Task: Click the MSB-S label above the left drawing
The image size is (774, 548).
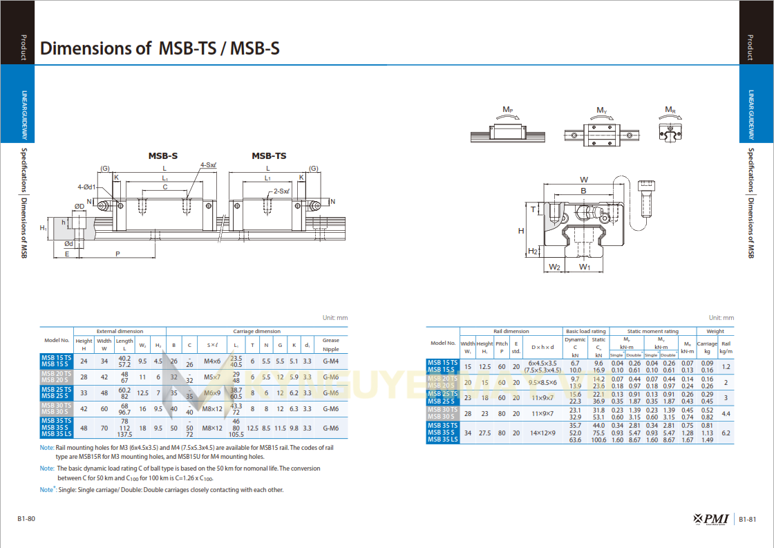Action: [x=163, y=155]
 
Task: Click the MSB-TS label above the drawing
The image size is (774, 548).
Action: [x=269, y=155]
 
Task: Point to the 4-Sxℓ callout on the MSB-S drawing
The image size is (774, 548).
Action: [x=208, y=165]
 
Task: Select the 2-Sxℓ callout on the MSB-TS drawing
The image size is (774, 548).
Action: [x=281, y=191]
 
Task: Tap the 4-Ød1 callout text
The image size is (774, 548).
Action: [x=88, y=187]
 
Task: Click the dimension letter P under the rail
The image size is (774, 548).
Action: [x=117, y=254]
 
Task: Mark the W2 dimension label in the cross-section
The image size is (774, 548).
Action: [x=554, y=267]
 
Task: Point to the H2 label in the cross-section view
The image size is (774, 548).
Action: [x=533, y=251]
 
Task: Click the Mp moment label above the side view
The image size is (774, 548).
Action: [x=507, y=111]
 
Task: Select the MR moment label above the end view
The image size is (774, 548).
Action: [x=670, y=111]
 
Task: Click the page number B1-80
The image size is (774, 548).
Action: [x=26, y=519]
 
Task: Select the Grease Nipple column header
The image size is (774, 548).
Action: [x=331, y=344]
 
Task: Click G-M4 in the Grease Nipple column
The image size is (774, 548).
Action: [x=331, y=361]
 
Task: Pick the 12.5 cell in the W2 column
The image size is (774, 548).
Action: [x=142, y=393]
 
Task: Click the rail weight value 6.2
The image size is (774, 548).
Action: [x=726, y=433]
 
